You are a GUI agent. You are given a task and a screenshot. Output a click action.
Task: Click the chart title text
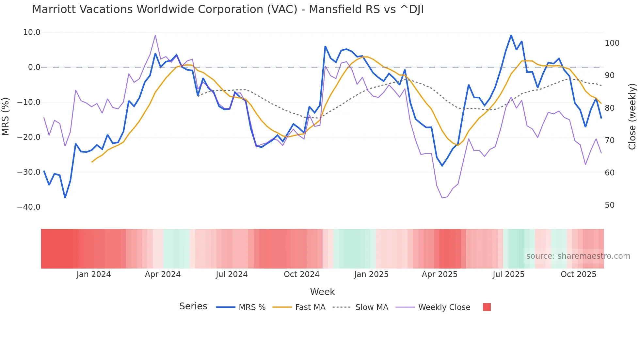pyautogui.click(x=228, y=9)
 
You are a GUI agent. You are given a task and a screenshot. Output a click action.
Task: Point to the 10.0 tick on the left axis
pyautogui.click(x=32, y=32)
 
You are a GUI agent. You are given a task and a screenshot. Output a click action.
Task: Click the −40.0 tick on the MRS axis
pyautogui.click(x=29, y=207)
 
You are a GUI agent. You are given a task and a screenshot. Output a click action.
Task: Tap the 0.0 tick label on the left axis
pyautogui.click(x=34, y=67)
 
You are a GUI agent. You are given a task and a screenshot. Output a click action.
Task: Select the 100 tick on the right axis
pyautogui.click(x=612, y=43)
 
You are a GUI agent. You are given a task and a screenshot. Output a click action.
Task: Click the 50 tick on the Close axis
pyautogui.click(x=609, y=205)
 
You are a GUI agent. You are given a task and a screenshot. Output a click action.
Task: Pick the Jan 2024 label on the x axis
pyautogui.click(x=94, y=274)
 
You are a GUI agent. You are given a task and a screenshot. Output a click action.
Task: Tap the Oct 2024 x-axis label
pyautogui.click(x=301, y=274)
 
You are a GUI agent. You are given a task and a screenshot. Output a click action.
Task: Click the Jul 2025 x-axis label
pyautogui.click(x=508, y=274)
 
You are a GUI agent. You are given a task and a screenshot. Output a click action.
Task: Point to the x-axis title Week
pyautogui.click(x=322, y=292)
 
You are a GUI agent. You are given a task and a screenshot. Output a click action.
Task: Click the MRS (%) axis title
pyautogui.click(x=6, y=116)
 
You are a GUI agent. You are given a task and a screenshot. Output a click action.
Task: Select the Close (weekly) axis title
pyautogui.click(x=632, y=116)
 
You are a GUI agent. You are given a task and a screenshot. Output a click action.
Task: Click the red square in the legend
pyautogui.click(x=487, y=307)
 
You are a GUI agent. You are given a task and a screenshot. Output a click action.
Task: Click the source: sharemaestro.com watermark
pyautogui.click(x=578, y=256)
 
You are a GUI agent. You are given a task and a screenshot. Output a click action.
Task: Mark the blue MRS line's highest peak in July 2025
pyautogui.click(x=511, y=36)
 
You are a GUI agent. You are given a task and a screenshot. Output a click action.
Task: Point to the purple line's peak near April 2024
pyautogui.click(x=155, y=35)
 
